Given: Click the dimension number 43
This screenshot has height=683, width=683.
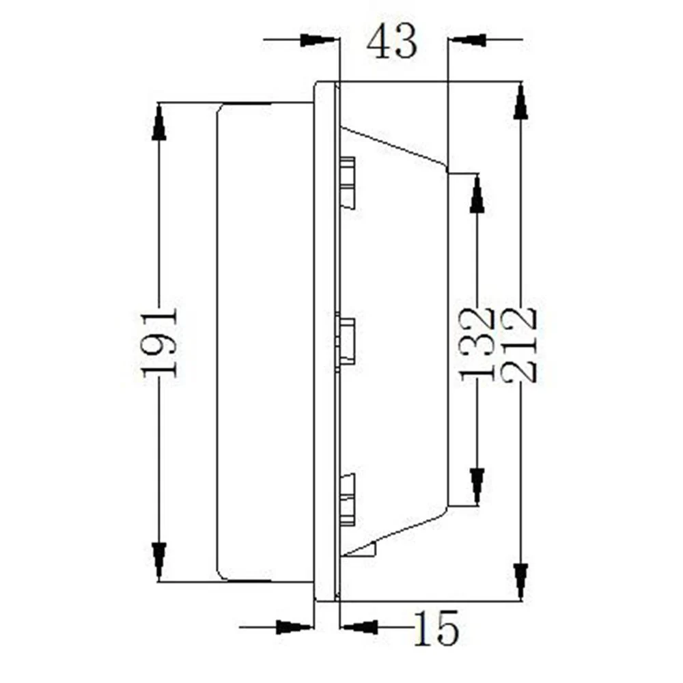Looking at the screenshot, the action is [391, 42].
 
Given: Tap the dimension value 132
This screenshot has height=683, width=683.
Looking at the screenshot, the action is [478, 345].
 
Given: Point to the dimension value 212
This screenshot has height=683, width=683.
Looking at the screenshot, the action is [518, 345].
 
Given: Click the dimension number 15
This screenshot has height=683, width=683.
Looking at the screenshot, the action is [436, 628].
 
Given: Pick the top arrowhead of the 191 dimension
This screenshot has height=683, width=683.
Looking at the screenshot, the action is [159, 122].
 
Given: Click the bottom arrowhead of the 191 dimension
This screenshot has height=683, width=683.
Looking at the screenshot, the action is [159, 561].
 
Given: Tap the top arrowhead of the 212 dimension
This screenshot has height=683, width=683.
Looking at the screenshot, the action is [520, 102].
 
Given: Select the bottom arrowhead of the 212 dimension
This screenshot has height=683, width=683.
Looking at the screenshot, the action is [520, 581].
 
